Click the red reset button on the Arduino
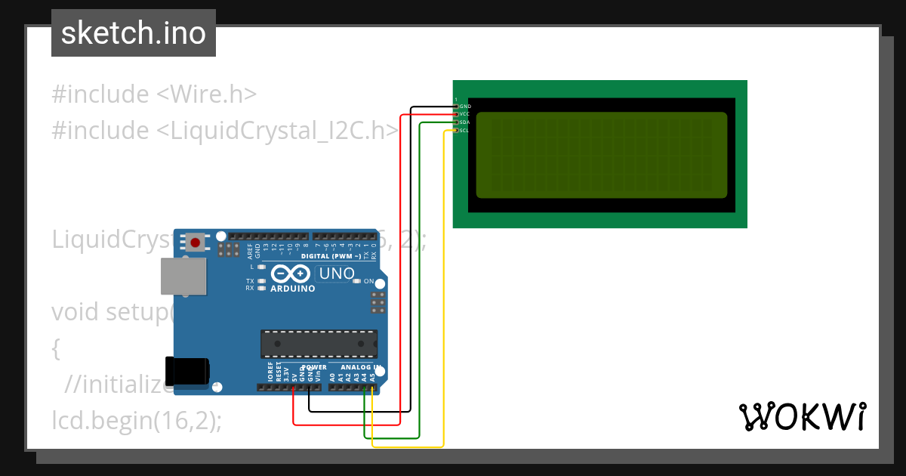click(x=196, y=243)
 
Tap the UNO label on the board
click(x=337, y=274)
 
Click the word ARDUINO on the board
click(x=292, y=288)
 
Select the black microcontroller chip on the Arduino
click(x=319, y=344)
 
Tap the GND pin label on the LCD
click(x=465, y=107)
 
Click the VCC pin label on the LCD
click(x=465, y=114)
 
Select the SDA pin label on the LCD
click(x=465, y=122)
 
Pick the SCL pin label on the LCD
click(x=465, y=131)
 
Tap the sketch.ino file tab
click(x=134, y=33)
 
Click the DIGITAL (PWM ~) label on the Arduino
click(x=331, y=257)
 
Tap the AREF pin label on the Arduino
click(x=250, y=249)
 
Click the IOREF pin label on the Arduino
click(x=270, y=370)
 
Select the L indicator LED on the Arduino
click(x=261, y=267)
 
